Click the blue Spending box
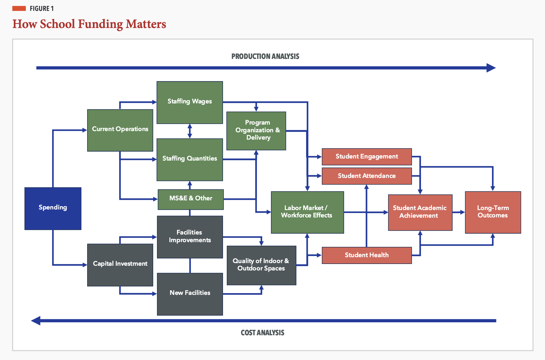pos(53,208)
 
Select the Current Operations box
pos(120,130)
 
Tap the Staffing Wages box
pos(189,102)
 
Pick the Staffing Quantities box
pos(189,159)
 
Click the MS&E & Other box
pos(191,199)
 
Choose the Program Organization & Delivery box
pos(256,131)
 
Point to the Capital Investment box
pos(120,265)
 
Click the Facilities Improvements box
pos(190,237)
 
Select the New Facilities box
pos(190,294)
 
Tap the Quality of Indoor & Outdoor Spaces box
pos(261,265)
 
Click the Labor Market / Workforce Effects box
pos(307,212)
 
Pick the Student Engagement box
pos(366,156)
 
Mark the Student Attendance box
pos(366,176)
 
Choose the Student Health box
pos(366,255)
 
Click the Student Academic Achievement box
pos(420,212)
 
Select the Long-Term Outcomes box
pos(493,212)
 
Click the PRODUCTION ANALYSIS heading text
pos(265,56)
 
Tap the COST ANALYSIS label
pos(262,333)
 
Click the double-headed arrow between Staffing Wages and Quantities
pos(190,131)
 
